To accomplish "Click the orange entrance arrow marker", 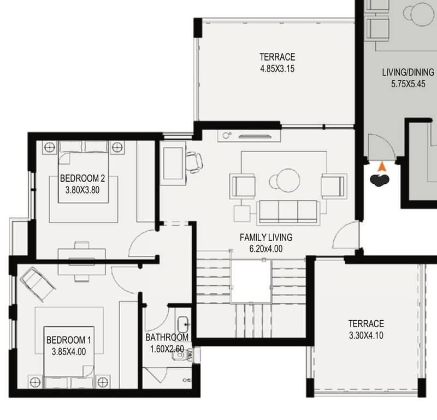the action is tap(382, 167).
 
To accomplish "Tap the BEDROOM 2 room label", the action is tap(82, 178).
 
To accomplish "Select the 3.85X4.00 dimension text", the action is tap(69, 352).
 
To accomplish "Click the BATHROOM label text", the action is tap(167, 337).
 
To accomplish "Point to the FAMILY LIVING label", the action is tap(266, 237).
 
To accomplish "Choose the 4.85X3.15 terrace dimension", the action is tap(277, 69).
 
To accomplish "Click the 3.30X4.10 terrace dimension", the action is tap(366, 335).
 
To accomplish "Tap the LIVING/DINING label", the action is tap(408, 73).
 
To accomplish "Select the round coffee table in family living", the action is tap(288, 181).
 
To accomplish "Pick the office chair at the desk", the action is tap(194, 163).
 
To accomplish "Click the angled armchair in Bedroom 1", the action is tap(38, 284).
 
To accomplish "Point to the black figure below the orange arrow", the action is tap(379, 180).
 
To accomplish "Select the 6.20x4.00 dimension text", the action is tap(266, 249).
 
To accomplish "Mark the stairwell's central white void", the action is tap(251, 281).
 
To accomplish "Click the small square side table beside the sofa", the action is tap(242, 213).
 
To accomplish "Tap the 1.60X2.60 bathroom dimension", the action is tap(167, 349).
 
